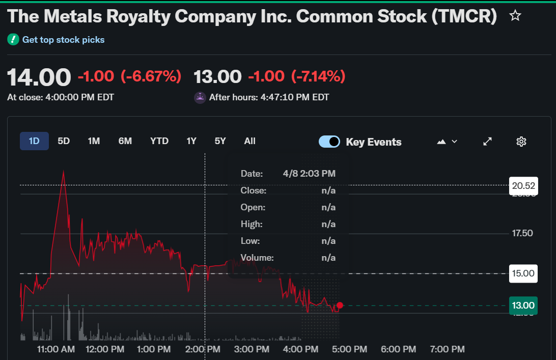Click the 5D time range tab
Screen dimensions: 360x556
click(x=64, y=141)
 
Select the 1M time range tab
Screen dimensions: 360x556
click(x=94, y=141)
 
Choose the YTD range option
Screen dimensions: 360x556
click(x=159, y=141)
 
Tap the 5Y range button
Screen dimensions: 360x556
click(x=220, y=141)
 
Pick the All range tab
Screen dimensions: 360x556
click(x=249, y=141)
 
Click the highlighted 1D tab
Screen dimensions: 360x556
click(x=34, y=141)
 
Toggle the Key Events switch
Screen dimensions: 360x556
click(x=329, y=142)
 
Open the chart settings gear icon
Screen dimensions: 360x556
click(x=521, y=142)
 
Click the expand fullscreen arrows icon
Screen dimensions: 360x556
click(x=487, y=142)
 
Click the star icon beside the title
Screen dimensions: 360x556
click(x=515, y=16)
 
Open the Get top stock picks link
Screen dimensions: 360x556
click(x=63, y=39)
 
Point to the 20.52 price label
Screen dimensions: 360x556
click(x=523, y=185)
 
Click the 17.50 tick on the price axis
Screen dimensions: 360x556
click(x=523, y=233)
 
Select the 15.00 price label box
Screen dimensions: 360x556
click(x=523, y=273)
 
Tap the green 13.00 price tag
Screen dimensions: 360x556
click(x=523, y=306)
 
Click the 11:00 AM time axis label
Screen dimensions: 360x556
click(x=56, y=349)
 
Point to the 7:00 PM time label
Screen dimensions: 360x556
click(x=448, y=349)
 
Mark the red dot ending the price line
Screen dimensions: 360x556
click(x=340, y=305)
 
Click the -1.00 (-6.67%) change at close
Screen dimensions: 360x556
click(x=129, y=76)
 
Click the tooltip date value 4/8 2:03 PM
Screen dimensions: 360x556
click(x=309, y=174)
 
